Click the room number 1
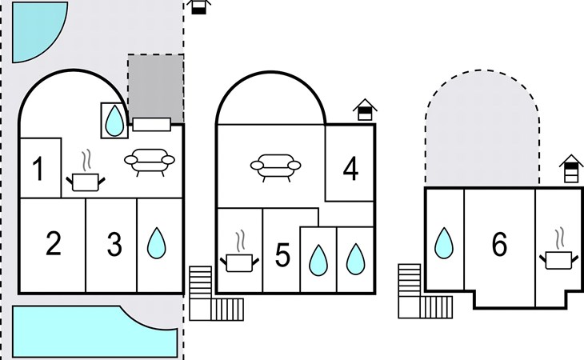[x=38, y=169]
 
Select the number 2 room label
[x=54, y=243]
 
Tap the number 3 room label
[x=114, y=244]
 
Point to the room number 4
[x=350, y=169]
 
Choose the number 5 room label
[x=282, y=255]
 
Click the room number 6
[x=499, y=244]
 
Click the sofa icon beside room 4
[x=276, y=167]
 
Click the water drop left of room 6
[x=444, y=243]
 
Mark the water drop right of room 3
[x=157, y=243]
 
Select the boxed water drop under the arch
[x=114, y=121]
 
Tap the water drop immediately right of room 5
[x=318, y=260]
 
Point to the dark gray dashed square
[x=156, y=88]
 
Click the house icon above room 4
[x=365, y=110]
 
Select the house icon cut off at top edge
[x=198, y=7]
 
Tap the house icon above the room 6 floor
[x=571, y=168]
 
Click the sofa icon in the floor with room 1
[x=150, y=162]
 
